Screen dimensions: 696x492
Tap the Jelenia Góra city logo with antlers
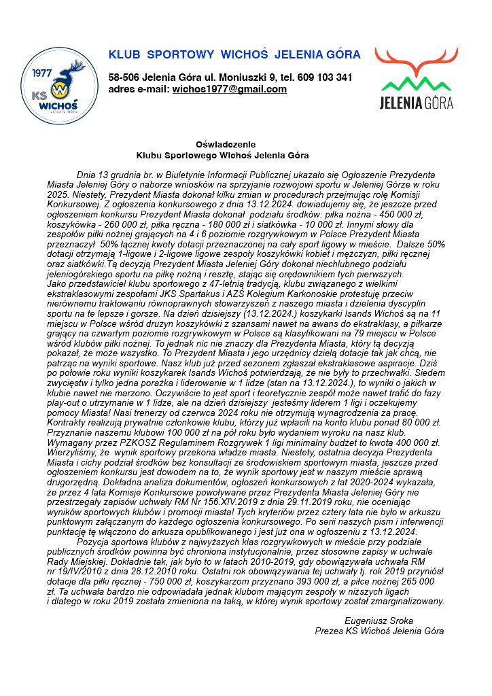(416, 78)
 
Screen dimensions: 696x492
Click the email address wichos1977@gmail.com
(229, 89)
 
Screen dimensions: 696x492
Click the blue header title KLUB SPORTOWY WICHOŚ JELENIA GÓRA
(234, 54)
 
